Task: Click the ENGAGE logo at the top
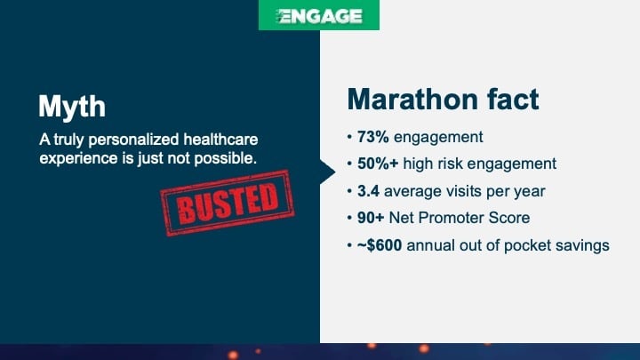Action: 319,16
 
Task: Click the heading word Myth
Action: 72,108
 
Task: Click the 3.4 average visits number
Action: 366,191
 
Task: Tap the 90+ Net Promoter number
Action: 370,218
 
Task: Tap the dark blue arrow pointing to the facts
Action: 327,170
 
